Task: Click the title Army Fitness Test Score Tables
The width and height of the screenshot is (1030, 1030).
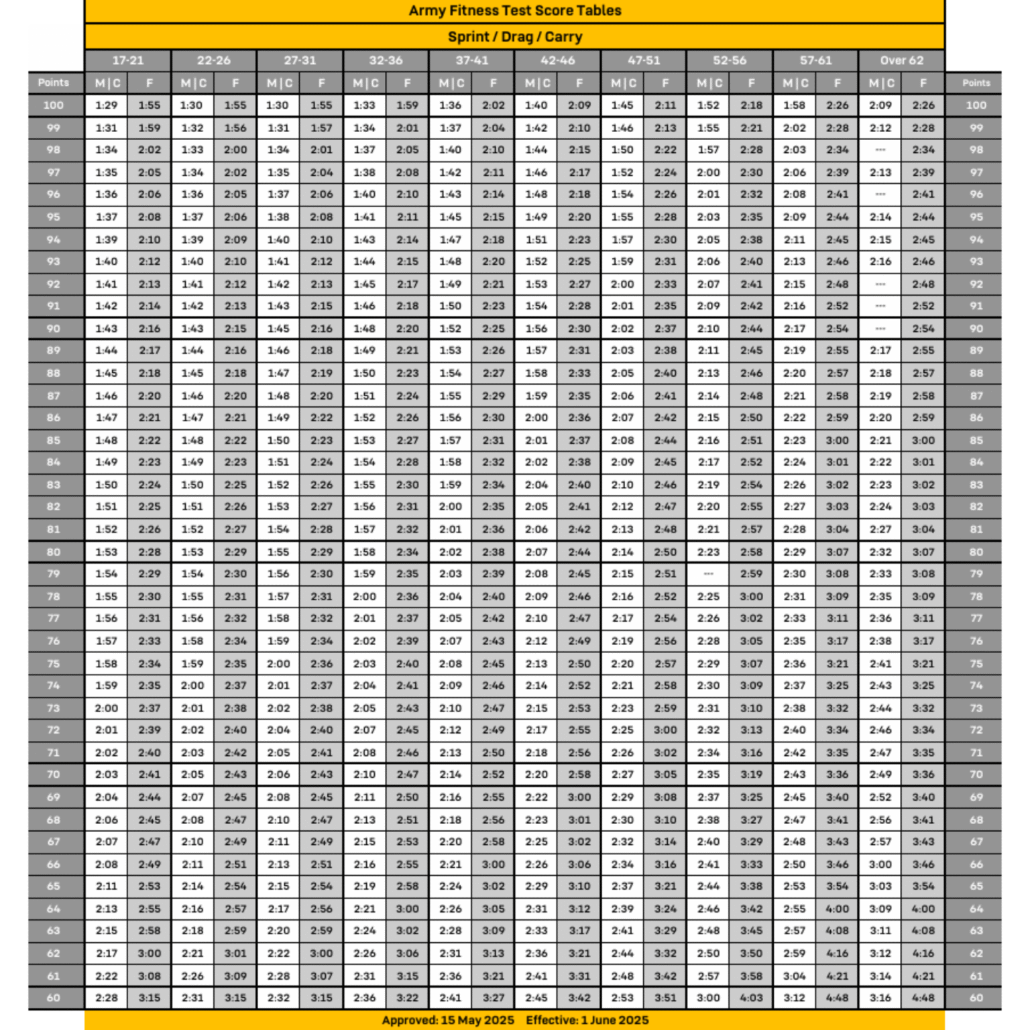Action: pyautogui.click(x=514, y=11)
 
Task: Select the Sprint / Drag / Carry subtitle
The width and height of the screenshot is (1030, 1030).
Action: pyautogui.click(x=514, y=37)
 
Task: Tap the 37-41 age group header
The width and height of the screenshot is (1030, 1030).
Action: pyautogui.click(x=472, y=60)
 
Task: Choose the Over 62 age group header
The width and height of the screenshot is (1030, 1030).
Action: pyautogui.click(x=901, y=60)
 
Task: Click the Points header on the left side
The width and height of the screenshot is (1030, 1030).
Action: pyautogui.click(x=54, y=82)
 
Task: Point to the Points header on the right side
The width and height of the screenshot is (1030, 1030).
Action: pyautogui.click(x=976, y=82)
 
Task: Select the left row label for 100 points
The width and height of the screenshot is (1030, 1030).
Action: pyautogui.click(x=54, y=105)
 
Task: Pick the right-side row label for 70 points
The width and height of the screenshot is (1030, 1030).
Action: pyautogui.click(x=976, y=775)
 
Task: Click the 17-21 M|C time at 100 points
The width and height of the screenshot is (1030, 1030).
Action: pyautogui.click(x=107, y=105)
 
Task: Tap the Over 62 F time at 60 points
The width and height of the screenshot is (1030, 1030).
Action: pyautogui.click(x=923, y=998)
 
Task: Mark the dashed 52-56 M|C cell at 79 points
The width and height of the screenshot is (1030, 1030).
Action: pyautogui.click(x=708, y=574)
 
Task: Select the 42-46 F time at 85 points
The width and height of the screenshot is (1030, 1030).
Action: pyautogui.click(x=579, y=441)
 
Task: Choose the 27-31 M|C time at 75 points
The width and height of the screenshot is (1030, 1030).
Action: pyautogui.click(x=278, y=664)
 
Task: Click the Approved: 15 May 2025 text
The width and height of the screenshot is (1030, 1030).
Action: pyautogui.click(x=448, y=1020)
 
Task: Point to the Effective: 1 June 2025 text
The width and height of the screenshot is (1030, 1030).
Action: pyautogui.click(x=587, y=1020)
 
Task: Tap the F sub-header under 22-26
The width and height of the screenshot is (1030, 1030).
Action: pyautogui.click(x=235, y=83)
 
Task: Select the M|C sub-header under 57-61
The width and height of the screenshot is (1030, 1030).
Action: pyautogui.click(x=795, y=83)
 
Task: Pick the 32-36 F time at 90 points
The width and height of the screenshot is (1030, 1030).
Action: pyautogui.click(x=407, y=329)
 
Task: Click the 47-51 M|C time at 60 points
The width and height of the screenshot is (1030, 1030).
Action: pyautogui.click(x=622, y=998)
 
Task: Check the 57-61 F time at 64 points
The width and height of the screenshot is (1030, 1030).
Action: pyautogui.click(x=838, y=909)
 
